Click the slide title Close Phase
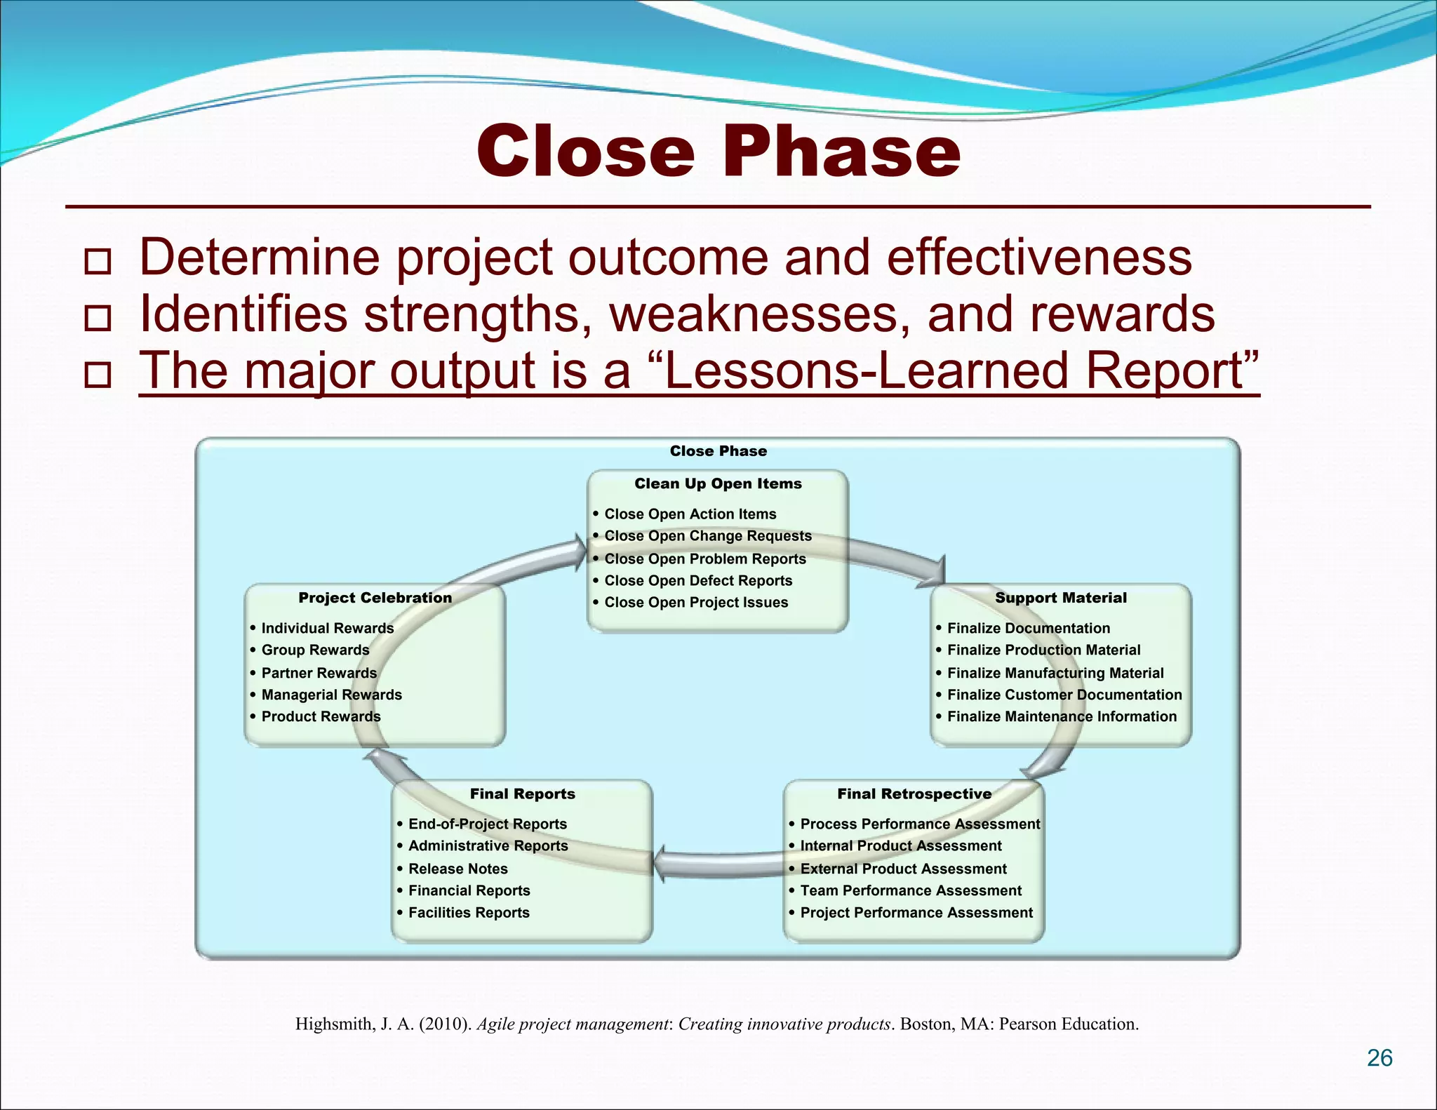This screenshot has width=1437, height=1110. point(718,152)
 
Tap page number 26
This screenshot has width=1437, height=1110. point(1379,1057)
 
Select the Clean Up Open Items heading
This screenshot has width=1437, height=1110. point(718,483)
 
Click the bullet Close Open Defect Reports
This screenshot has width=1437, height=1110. point(697,580)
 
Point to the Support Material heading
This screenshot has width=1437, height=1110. point(1060,598)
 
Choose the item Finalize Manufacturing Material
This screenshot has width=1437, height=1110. point(1055,673)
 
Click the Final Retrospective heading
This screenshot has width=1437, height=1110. point(914,794)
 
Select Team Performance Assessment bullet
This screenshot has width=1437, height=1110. point(910,890)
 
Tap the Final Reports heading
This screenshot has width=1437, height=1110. point(522,794)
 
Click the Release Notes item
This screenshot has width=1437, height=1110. point(457,869)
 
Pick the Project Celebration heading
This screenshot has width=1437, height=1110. point(375,598)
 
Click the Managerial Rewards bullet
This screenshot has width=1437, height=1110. point(331,695)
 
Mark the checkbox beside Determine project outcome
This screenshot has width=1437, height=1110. point(98,261)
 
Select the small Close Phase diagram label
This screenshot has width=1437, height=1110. point(718,451)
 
